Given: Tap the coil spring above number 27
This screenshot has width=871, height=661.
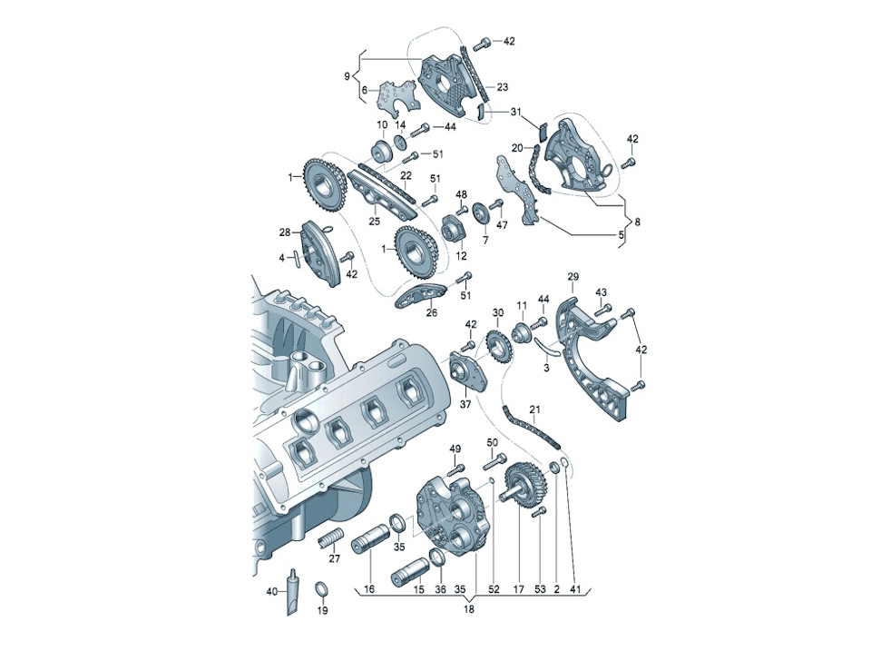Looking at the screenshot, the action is pos(328,539).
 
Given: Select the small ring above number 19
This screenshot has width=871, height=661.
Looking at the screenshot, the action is pos(321,588).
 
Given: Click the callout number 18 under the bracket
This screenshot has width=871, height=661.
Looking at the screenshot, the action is pos(469,609).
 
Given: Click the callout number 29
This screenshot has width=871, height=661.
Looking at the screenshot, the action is pos(573,276).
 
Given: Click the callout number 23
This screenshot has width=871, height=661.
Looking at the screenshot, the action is pos(502,87).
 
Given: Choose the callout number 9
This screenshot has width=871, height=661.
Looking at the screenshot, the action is pos(347,76).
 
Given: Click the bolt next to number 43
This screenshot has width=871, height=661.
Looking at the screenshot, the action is pos(605,308).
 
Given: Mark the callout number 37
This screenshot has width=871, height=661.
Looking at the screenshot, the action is pos(465,404).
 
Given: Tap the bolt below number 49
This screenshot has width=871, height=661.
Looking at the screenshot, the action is pos(455,469).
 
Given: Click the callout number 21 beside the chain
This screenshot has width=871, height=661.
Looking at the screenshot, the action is pos(534,410).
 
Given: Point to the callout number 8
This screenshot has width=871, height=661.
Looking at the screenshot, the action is pos(637,222).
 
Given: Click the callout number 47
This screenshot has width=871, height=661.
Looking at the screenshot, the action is pos(502,225).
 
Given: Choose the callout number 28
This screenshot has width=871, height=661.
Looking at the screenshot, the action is pos(285,232).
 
